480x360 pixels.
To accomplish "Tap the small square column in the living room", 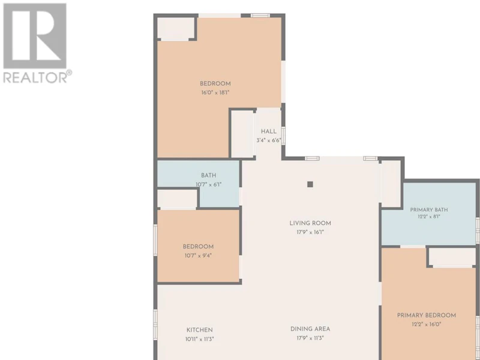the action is click(310, 184).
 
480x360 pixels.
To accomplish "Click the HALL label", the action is click(268, 131).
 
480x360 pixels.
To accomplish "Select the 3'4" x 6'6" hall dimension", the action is click(268, 140).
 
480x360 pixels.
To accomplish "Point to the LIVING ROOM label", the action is click(310, 223).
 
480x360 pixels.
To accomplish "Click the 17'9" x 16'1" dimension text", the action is click(310, 232).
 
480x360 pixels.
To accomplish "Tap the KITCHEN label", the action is click(200, 330).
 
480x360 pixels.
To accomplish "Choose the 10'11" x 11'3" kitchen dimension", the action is click(200, 339).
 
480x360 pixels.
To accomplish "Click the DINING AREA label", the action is click(310, 329).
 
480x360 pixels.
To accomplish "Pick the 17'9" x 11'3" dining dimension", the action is click(310, 338).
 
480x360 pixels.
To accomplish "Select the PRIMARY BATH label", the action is click(429, 209).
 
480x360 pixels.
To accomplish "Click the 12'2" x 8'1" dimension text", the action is click(429, 217).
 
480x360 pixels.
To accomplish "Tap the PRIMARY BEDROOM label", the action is click(427, 316).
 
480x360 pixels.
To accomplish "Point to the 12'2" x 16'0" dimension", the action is click(427, 324).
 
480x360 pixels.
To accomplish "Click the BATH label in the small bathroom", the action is click(208, 175).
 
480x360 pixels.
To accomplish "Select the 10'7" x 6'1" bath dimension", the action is click(208, 184).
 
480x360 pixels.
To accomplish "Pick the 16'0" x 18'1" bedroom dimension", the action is click(215, 92).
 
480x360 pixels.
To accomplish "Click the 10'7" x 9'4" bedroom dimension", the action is click(198, 256).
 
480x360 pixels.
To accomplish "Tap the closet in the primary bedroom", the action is click(452, 257).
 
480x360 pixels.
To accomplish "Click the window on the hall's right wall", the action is click(283, 136).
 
